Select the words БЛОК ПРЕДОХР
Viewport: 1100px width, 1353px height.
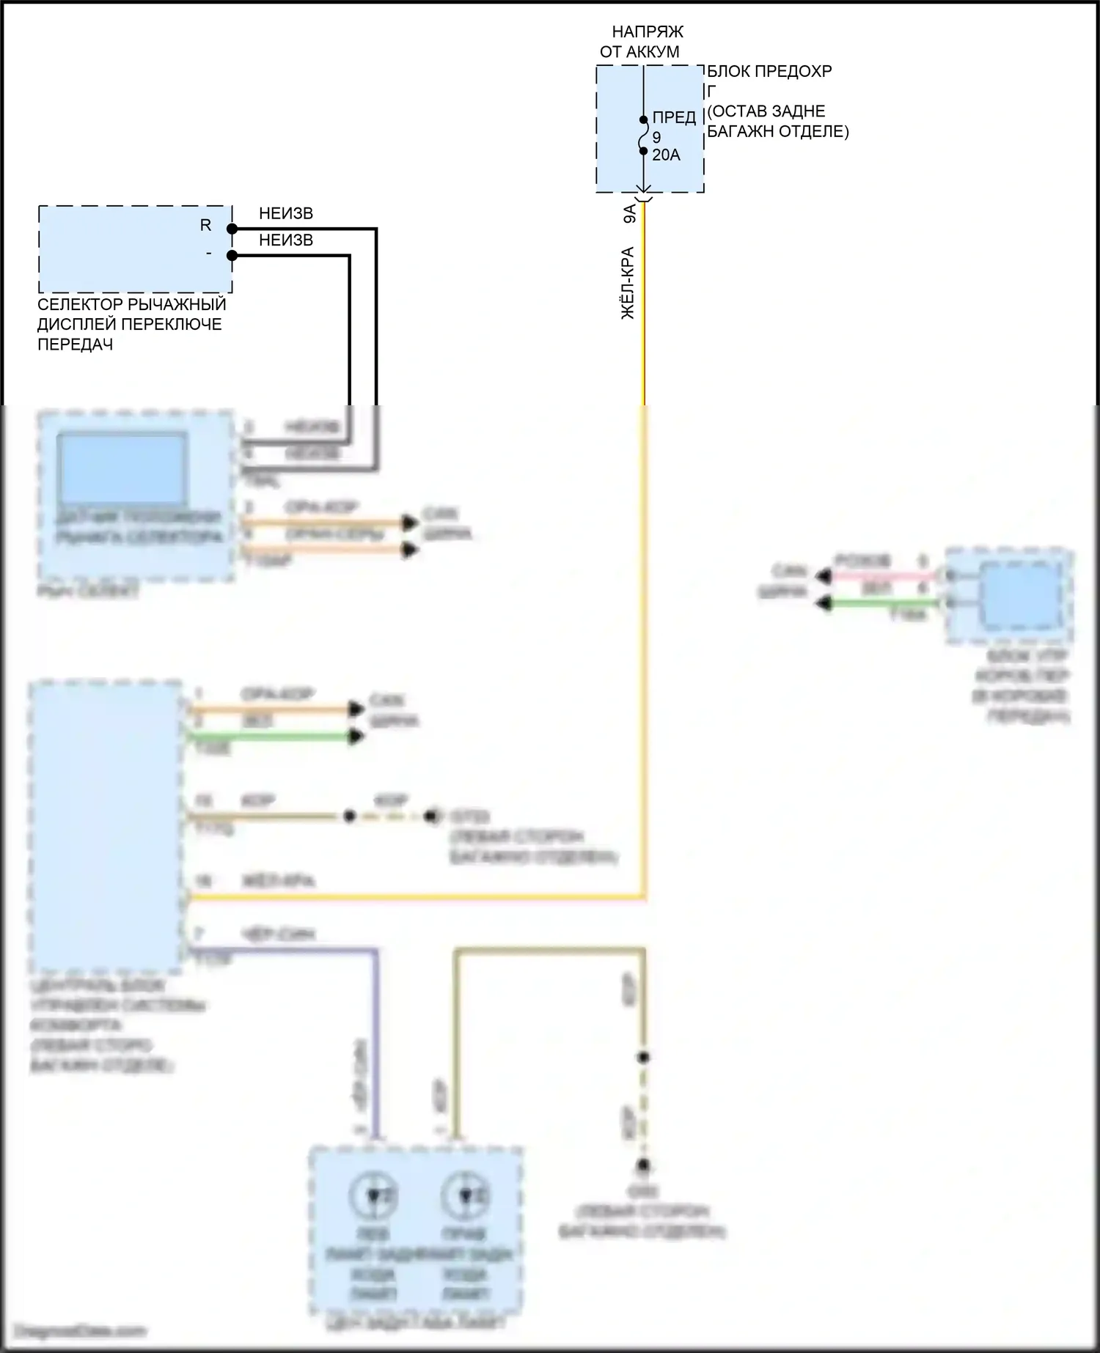pyautogui.click(x=769, y=72)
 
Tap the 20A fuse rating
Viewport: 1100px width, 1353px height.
pyautogui.click(x=666, y=155)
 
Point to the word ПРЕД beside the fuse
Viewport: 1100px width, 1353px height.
pyautogui.click(x=674, y=118)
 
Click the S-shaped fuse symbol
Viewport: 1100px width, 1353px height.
pyautogui.click(x=644, y=136)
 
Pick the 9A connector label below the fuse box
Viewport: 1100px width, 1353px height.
pyautogui.click(x=629, y=214)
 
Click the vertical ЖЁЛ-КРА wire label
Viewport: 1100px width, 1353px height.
pyautogui.click(x=628, y=283)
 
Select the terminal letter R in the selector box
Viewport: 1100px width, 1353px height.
pyautogui.click(x=206, y=226)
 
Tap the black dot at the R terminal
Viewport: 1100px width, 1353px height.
pyautogui.click(x=232, y=229)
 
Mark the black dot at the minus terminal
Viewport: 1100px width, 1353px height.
pyautogui.click(x=232, y=256)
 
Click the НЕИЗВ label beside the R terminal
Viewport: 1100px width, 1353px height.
pyautogui.click(x=286, y=214)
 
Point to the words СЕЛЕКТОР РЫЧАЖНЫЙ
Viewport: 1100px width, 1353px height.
pyautogui.click(x=132, y=304)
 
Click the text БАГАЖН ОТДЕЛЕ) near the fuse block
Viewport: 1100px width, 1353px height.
pyautogui.click(x=777, y=132)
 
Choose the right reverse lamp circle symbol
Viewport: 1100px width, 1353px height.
pyautogui.click(x=465, y=1195)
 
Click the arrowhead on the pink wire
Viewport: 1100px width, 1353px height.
pyautogui.click(x=824, y=577)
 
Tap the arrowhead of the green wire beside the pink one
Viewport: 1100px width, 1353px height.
pyautogui.click(x=824, y=603)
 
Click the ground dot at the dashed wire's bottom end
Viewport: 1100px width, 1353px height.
pyautogui.click(x=644, y=1166)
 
